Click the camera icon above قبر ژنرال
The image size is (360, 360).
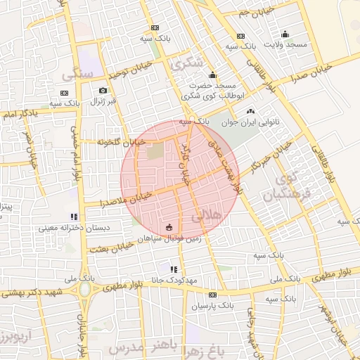pos(103,90)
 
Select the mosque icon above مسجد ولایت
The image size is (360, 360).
pos(285,34)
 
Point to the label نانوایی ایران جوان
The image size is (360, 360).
pos(251,122)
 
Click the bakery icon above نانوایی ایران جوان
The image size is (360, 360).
pos(250,111)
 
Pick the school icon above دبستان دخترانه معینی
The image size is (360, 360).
pos(73,217)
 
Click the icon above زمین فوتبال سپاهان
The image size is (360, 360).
pos(169,227)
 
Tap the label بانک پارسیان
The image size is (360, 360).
pos(212,307)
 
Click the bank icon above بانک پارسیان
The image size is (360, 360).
pos(212,295)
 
